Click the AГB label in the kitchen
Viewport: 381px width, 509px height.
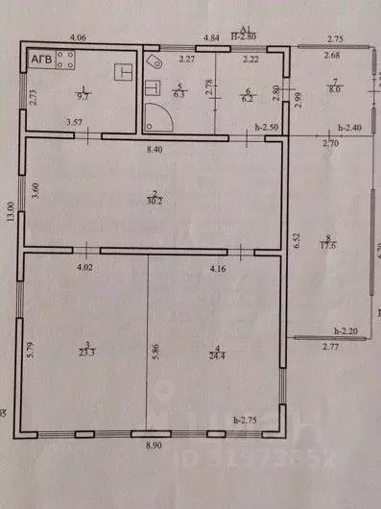pyautogui.click(x=41, y=60)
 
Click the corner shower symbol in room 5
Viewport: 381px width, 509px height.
pyautogui.click(x=156, y=118)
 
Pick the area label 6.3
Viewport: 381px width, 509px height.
pyautogui.click(x=179, y=95)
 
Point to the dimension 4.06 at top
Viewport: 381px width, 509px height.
pyautogui.click(x=79, y=36)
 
